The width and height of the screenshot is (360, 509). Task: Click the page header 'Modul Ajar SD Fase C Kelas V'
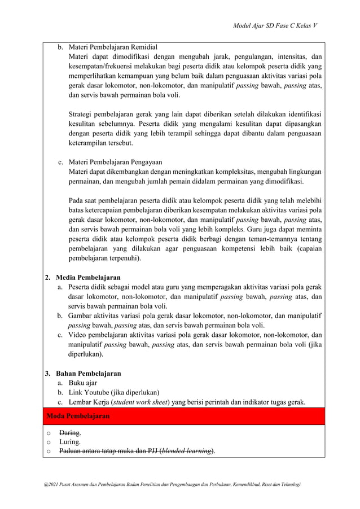click(275, 26)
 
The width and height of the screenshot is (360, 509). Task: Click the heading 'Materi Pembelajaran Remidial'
click(113, 46)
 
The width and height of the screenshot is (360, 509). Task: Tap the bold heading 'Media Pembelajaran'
click(88, 278)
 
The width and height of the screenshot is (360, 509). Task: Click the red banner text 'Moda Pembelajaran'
click(78, 416)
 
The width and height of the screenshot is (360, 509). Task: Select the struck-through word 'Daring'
click(70, 433)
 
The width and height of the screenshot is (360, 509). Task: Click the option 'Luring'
click(69, 442)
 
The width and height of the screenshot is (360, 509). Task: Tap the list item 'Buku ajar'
click(83, 383)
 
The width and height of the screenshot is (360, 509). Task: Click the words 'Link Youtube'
click(90, 393)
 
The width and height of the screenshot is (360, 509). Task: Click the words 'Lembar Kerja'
click(89, 402)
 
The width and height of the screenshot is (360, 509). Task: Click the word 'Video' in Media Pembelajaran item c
click(79, 335)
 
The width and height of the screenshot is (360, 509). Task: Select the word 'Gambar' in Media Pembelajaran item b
click(82, 316)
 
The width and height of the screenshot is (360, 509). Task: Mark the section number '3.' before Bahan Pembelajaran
click(48, 374)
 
